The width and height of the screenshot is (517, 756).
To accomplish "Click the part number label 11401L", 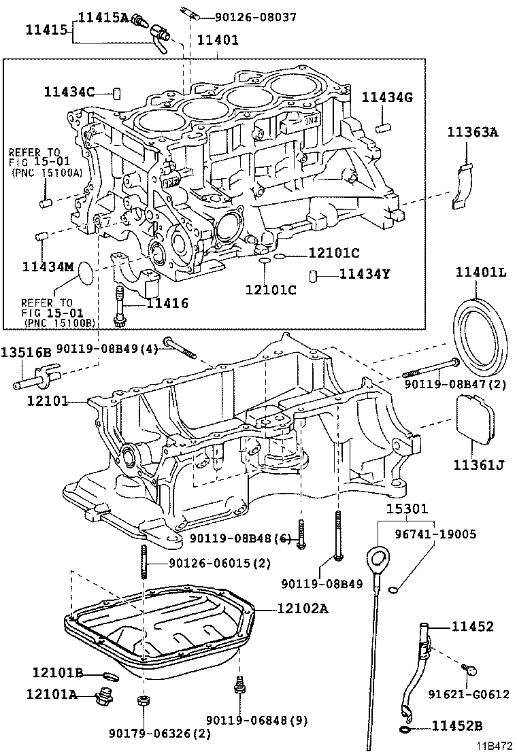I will point(481,273).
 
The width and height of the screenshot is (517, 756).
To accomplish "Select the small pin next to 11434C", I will point(116,92).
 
